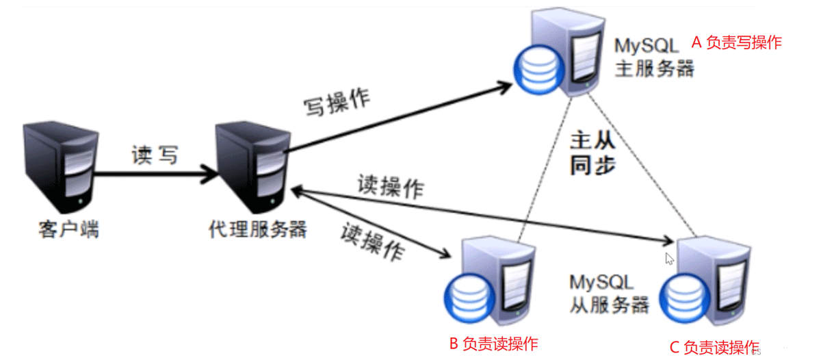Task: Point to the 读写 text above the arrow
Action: [155, 155]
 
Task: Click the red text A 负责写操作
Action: [736, 42]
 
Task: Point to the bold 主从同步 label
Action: [592, 154]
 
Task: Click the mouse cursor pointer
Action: [670, 258]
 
